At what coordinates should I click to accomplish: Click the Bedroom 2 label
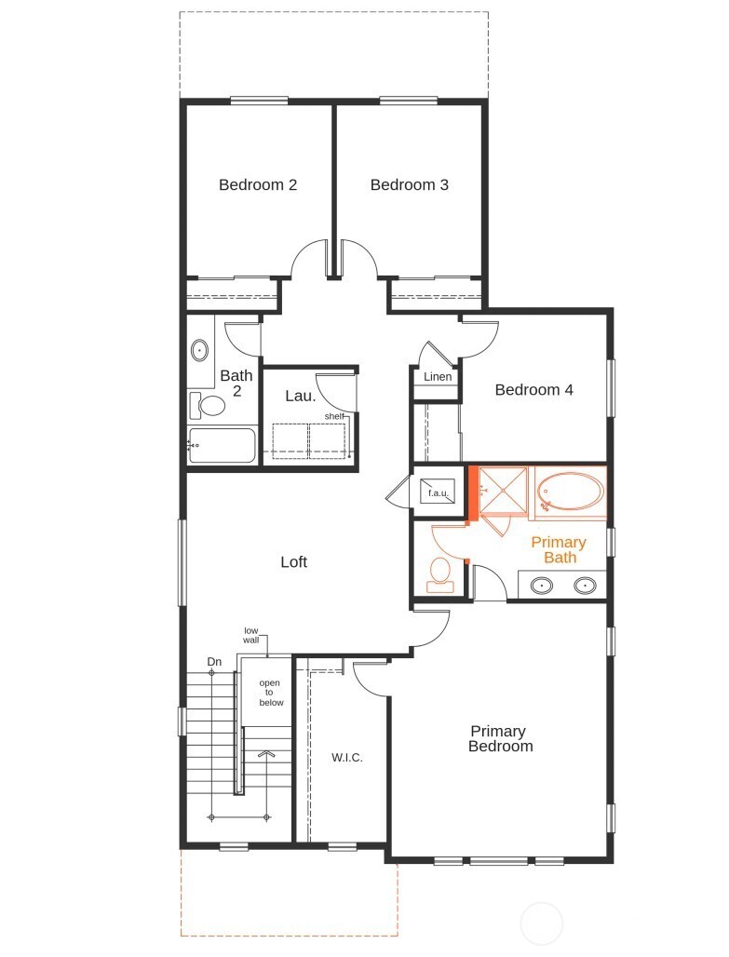(258, 184)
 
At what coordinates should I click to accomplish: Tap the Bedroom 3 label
(409, 184)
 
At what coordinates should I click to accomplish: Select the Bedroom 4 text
(533, 389)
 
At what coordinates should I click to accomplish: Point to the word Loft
(293, 561)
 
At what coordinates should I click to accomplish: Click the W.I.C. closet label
(346, 757)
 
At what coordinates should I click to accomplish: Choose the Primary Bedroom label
(501, 738)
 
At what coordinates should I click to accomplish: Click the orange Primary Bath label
(559, 549)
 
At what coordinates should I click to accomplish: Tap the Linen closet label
(438, 377)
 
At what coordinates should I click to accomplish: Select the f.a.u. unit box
(438, 492)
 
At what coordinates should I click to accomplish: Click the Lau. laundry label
(300, 396)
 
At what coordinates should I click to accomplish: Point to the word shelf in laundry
(333, 416)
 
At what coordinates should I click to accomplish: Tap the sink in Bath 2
(199, 351)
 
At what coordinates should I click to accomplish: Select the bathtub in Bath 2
(223, 446)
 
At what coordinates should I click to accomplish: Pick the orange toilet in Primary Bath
(440, 573)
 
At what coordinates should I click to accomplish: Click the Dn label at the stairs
(214, 662)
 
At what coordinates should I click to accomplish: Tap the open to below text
(271, 693)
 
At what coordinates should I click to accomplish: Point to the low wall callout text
(251, 635)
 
